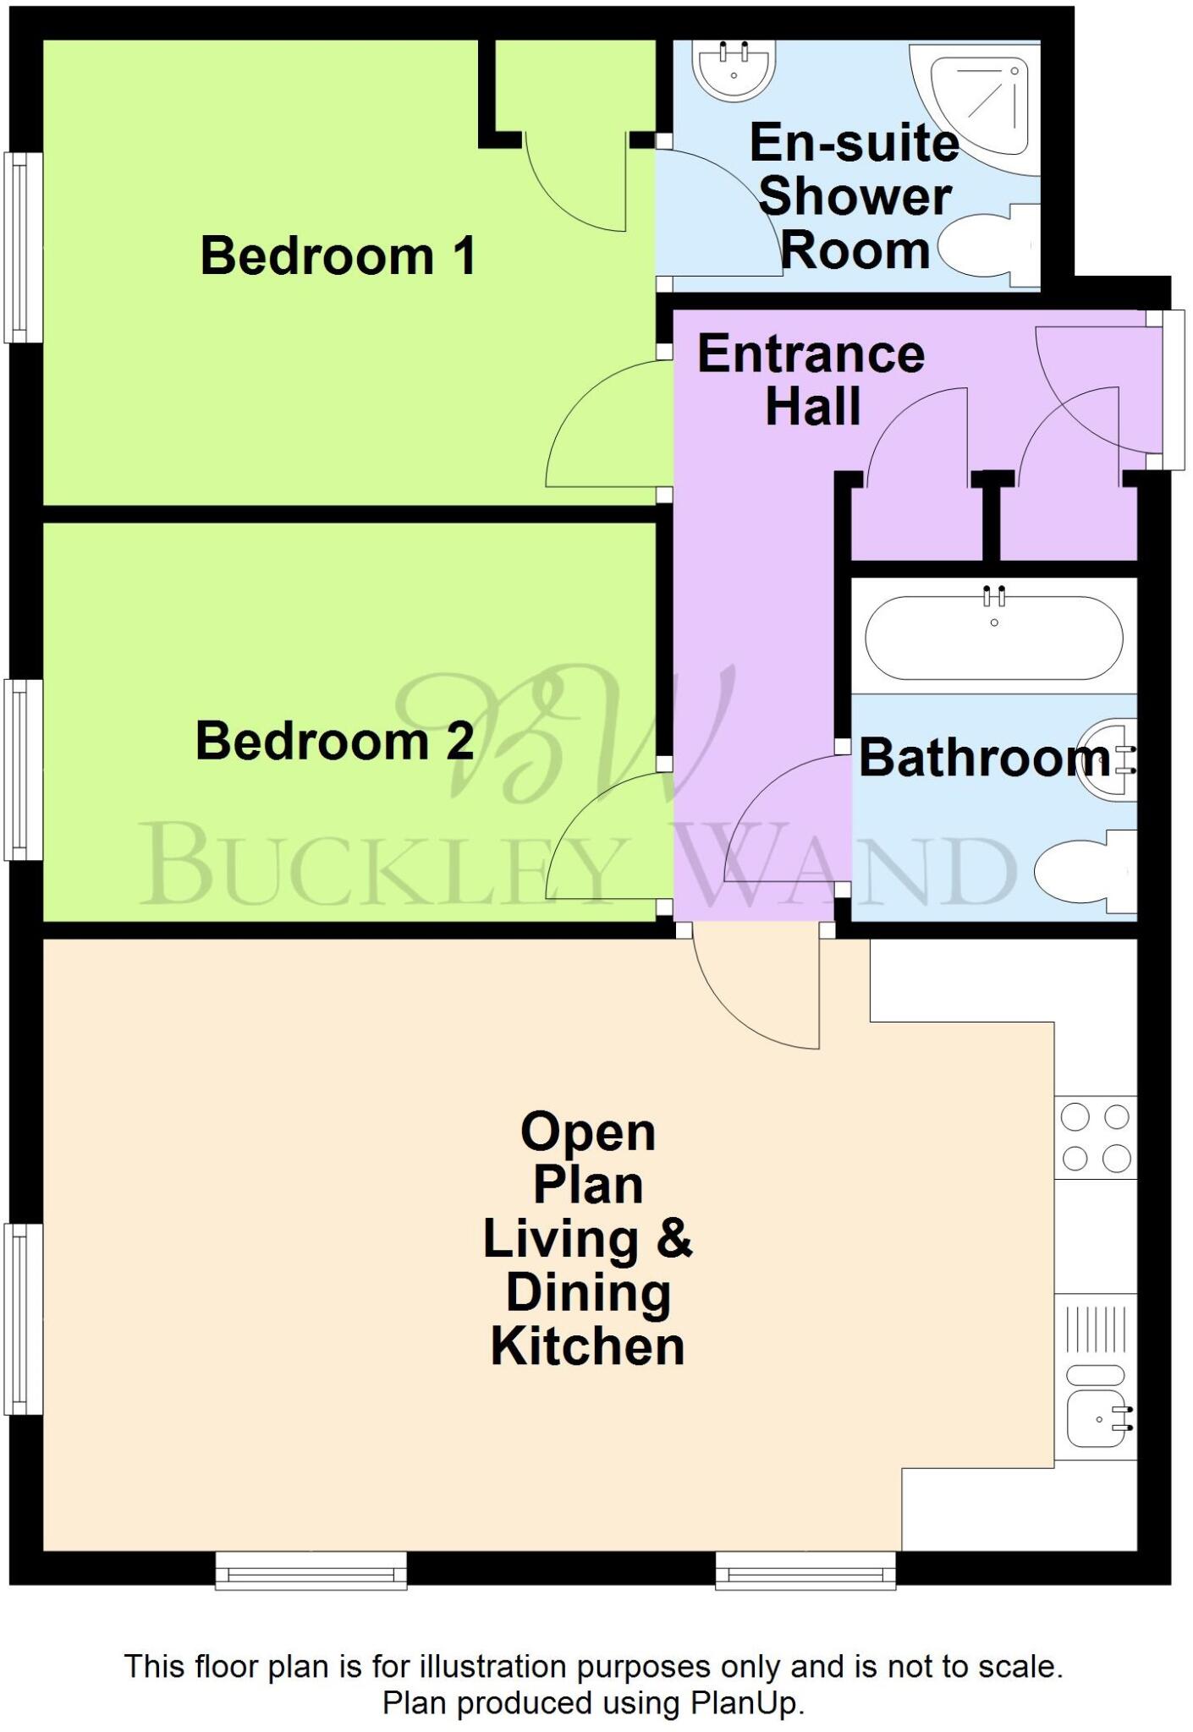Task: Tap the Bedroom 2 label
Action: point(334,741)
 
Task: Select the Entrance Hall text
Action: point(811,380)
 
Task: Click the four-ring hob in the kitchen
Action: point(1095,1137)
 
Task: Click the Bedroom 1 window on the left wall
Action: point(24,247)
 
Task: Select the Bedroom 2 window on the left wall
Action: point(24,770)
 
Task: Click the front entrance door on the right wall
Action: point(1171,390)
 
